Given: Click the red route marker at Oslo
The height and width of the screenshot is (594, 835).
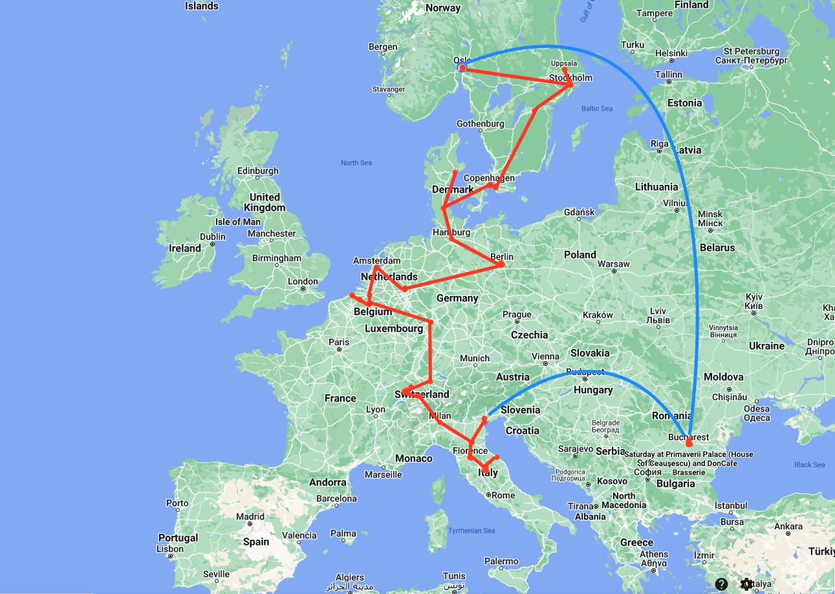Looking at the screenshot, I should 462,68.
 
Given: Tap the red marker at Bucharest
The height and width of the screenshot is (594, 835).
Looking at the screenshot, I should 689,443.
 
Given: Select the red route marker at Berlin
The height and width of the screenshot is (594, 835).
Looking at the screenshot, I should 501,264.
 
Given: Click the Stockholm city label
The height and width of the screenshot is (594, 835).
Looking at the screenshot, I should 570,78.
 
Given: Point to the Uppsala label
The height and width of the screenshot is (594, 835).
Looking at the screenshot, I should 563,63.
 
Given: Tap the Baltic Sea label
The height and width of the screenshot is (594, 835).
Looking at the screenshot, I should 596,109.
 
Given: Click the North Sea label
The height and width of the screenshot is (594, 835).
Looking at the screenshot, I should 356,163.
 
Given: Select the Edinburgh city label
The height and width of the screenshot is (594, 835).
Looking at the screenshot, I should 257,171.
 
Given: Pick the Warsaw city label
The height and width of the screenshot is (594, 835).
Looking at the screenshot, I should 613,264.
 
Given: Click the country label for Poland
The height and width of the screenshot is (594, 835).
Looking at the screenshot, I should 580,255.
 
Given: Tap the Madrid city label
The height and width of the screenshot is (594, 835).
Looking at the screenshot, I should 250,516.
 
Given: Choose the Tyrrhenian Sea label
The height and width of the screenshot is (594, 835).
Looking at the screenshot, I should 472,531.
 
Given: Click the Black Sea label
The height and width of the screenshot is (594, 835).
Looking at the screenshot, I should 809,465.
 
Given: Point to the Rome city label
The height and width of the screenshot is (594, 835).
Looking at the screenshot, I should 503,495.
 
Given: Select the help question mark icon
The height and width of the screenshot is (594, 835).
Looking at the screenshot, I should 722,584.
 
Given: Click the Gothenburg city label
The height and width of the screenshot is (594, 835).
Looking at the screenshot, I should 480,123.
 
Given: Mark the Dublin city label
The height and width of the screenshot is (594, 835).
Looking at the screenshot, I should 212,237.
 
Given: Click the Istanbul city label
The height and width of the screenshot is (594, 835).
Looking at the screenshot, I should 731,505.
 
